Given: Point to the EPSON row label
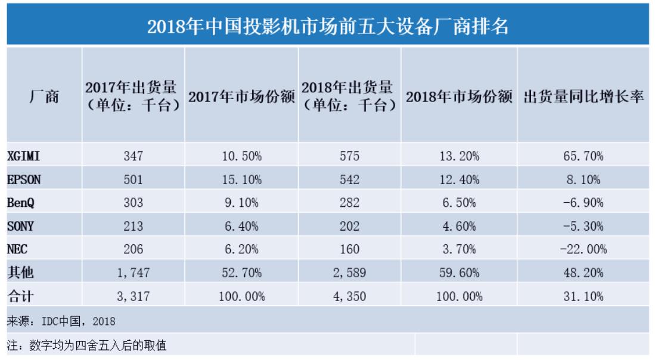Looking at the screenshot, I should [24, 179].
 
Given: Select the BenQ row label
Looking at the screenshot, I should [21, 203].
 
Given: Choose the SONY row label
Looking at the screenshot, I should [20, 226].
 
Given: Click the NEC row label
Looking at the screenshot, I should [17, 249].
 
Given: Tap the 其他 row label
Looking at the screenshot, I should [20, 273].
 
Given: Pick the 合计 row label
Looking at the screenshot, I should [20, 296].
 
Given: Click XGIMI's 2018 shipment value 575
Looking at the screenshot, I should [349, 156].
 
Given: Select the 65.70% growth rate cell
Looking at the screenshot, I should [583, 156].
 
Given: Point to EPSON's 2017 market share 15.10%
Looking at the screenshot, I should [241, 179].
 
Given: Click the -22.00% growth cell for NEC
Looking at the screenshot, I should [583, 249].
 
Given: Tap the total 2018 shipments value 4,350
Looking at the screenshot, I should [349, 296].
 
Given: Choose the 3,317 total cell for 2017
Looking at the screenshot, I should [132, 296].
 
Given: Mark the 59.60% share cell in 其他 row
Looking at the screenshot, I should [458, 273].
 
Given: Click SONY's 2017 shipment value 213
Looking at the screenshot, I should [132, 226].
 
